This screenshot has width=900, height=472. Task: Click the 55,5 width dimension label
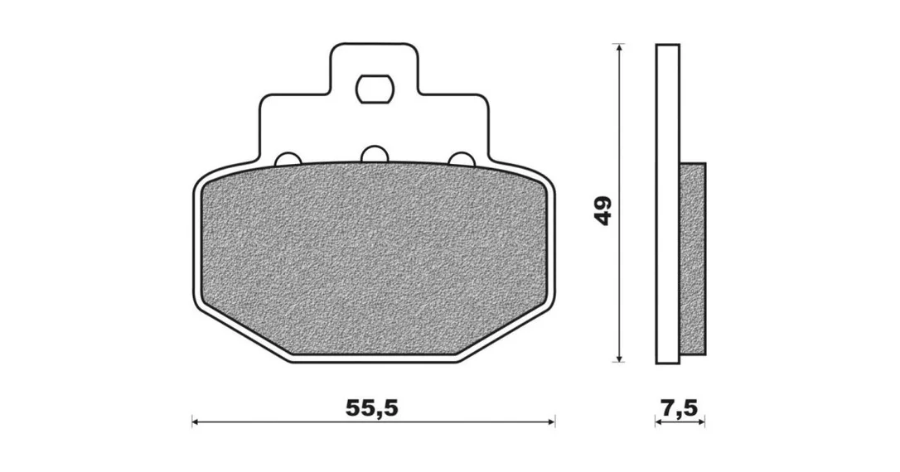click(371, 407)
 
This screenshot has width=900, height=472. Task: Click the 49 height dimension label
click(603, 210)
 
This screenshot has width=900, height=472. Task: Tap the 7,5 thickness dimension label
click(679, 407)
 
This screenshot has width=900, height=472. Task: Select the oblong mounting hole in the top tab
click(374, 89)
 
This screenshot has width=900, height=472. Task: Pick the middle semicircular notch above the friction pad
click(374, 154)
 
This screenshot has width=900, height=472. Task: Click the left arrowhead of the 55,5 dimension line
click(196, 422)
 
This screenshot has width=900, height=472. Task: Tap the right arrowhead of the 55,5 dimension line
click(550, 422)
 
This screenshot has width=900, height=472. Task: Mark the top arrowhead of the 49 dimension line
click(618, 47)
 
